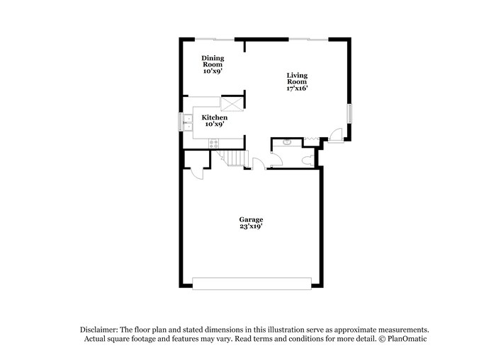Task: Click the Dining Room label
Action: point(213,61)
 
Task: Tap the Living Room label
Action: point(297,78)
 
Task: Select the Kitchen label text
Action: point(214,117)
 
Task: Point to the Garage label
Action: point(250,219)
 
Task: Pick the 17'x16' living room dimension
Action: point(297,89)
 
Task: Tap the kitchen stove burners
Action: point(213,144)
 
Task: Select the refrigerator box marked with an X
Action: point(231,105)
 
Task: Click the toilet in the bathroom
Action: point(308,160)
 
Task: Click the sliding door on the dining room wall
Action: point(215,37)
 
